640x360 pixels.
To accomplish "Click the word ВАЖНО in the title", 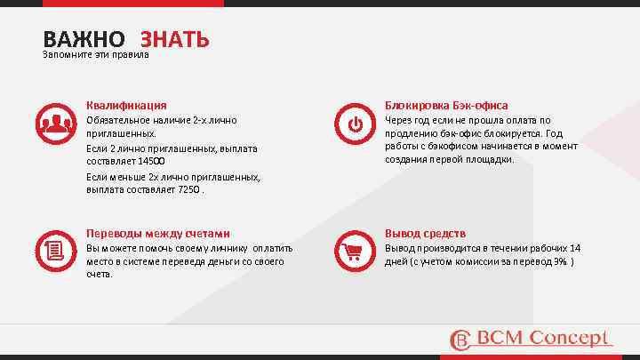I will (x=84, y=39).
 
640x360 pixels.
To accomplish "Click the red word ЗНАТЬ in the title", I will (x=174, y=39).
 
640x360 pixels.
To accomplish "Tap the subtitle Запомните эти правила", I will (x=96, y=55).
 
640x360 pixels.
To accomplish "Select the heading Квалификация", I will (x=126, y=105).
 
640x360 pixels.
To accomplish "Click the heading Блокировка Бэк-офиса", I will (x=446, y=105).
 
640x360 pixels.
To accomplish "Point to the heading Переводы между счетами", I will (x=157, y=233).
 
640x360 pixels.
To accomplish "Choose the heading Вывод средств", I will (x=425, y=233).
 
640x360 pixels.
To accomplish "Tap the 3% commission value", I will (x=563, y=261).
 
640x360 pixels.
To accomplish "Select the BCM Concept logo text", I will (x=544, y=338).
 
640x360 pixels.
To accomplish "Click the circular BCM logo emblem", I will (x=460, y=340).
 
